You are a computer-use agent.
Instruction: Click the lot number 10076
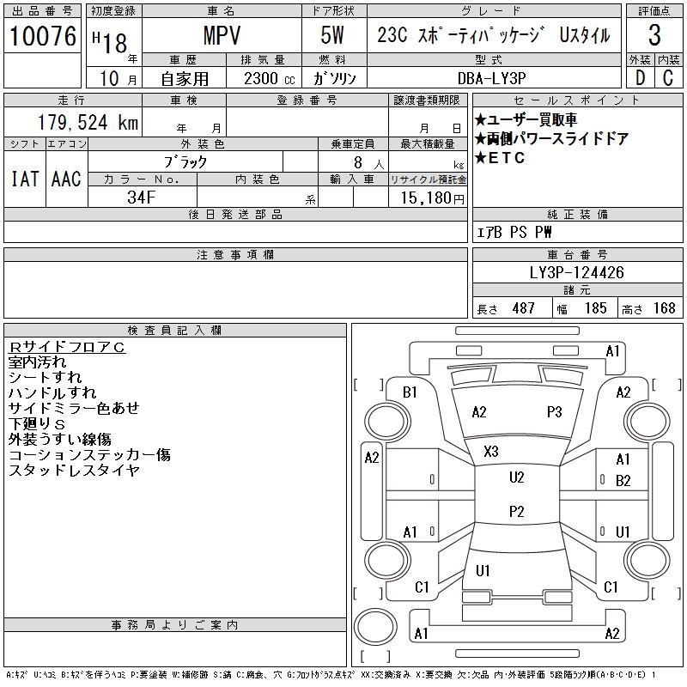pyautogui.click(x=43, y=36)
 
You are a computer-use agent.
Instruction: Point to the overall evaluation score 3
pyautogui.click(x=654, y=36)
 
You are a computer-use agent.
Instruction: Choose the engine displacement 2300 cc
pyautogui.click(x=261, y=77)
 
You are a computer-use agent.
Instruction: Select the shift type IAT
pyautogui.click(x=25, y=179)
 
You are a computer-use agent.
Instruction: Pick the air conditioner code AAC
pyautogui.click(x=66, y=179)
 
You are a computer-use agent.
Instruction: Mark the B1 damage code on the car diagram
pyautogui.click(x=410, y=392)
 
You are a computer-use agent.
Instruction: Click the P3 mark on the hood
pyautogui.click(x=554, y=411)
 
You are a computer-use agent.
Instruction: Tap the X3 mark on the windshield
pyautogui.click(x=491, y=451)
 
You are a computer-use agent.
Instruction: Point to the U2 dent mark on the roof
pyautogui.click(x=516, y=477)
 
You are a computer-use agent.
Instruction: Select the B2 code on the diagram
pyautogui.click(x=623, y=480)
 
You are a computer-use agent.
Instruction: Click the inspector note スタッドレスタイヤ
pyautogui.click(x=74, y=471)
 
